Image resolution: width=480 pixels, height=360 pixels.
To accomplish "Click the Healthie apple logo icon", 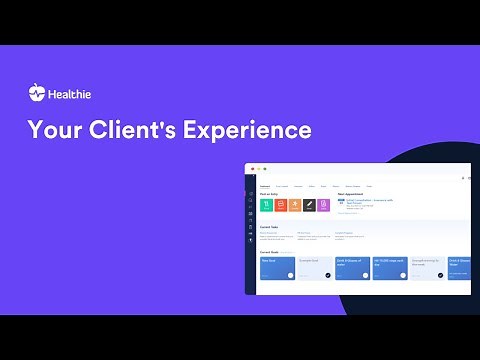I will [37, 93].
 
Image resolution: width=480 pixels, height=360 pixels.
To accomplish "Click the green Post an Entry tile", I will [266, 205].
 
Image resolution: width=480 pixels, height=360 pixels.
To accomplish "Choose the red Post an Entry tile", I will [280, 205].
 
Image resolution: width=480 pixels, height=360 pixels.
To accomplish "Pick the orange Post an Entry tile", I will [294, 205].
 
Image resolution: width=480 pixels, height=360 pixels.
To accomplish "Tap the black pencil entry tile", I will [308, 205].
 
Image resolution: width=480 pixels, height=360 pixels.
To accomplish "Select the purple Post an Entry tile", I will [322, 205].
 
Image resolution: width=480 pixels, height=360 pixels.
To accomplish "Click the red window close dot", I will [252, 168].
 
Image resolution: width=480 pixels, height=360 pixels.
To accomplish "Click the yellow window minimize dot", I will [259, 168].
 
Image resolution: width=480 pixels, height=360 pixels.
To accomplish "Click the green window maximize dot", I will [266, 168].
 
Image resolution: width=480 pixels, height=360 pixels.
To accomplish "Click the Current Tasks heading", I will [269, 227].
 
